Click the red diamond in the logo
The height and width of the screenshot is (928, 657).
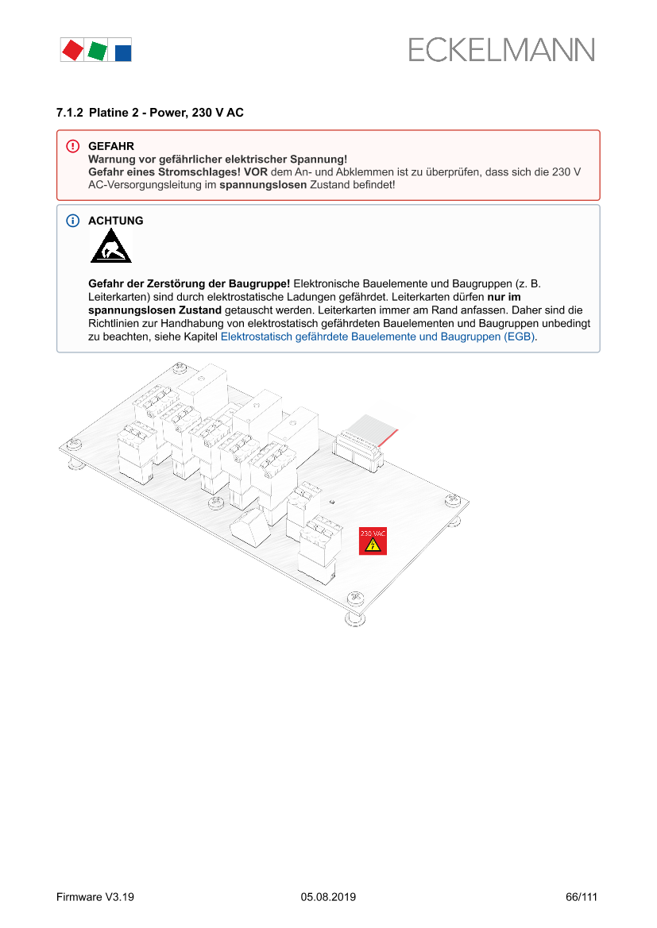point(72,50)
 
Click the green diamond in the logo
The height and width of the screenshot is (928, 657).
point(97,51)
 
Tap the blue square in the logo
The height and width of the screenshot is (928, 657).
point(123,53)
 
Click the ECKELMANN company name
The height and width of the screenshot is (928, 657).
point(501,50)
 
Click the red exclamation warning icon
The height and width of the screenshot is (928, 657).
point(72,146)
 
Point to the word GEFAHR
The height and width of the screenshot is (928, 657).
point(110,146)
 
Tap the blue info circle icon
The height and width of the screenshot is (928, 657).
point(72,221)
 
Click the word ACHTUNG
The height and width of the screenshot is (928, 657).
point(116,221)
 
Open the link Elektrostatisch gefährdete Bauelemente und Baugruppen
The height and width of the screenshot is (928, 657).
point(377,337)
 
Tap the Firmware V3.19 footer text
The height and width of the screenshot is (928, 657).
point(95,897)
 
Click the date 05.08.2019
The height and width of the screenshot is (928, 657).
point(328,897)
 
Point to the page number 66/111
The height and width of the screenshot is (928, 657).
point(581,897)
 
